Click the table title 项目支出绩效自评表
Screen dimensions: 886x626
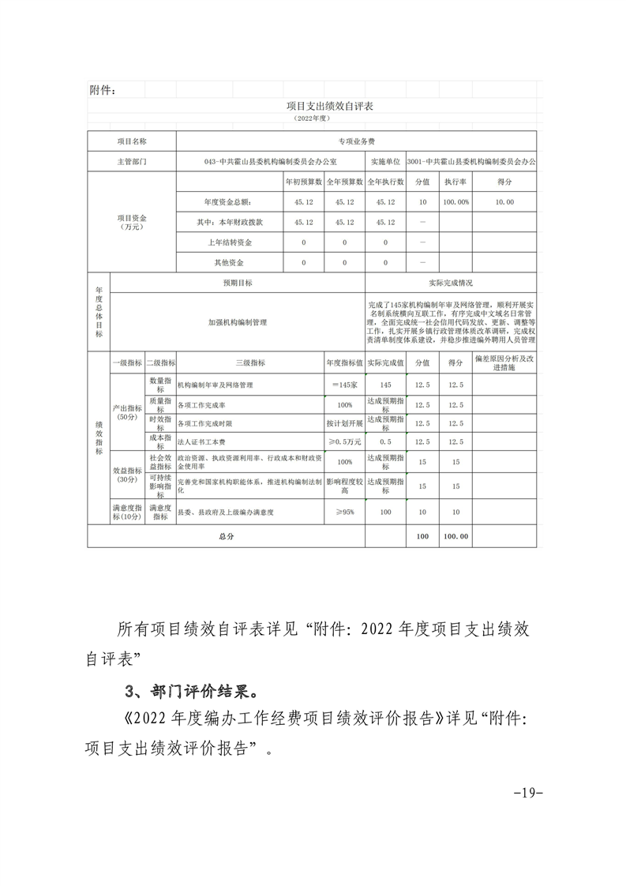tap(313, 105)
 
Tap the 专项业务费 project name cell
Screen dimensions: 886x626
tap(356, 141)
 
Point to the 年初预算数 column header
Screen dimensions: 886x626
tap(303, 182)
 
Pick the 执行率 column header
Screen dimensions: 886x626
tap(455, 182)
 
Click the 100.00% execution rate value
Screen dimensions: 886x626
tap(455, 202)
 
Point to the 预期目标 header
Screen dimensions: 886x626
tap(238, 282)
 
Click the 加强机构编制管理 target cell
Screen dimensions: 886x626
tap(238, 322)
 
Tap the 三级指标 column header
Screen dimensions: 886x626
tap(249, 363)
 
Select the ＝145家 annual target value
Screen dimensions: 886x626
tap(345, 385)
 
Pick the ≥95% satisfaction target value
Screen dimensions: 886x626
tap(345, 512)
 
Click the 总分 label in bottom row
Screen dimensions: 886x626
tap(226, 536)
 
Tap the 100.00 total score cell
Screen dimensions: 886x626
tap(455, 536)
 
